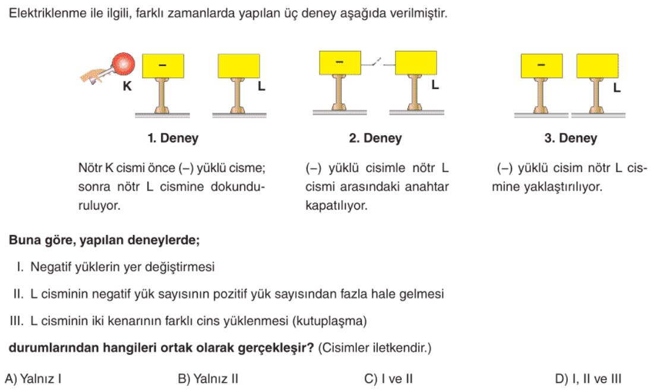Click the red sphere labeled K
124,64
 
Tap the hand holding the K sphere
94,75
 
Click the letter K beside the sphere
128,86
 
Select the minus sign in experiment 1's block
162,65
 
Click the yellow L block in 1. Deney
239,66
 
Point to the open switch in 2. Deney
377,64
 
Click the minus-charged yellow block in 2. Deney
340,63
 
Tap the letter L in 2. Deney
435,85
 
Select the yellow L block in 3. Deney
598,66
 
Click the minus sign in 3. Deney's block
541,65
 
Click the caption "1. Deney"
173,138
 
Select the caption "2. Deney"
375,138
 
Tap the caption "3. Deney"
570,138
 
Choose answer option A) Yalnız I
33,378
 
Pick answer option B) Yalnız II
208,378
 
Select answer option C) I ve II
388,378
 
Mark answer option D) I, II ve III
588,378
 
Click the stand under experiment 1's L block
238,98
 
